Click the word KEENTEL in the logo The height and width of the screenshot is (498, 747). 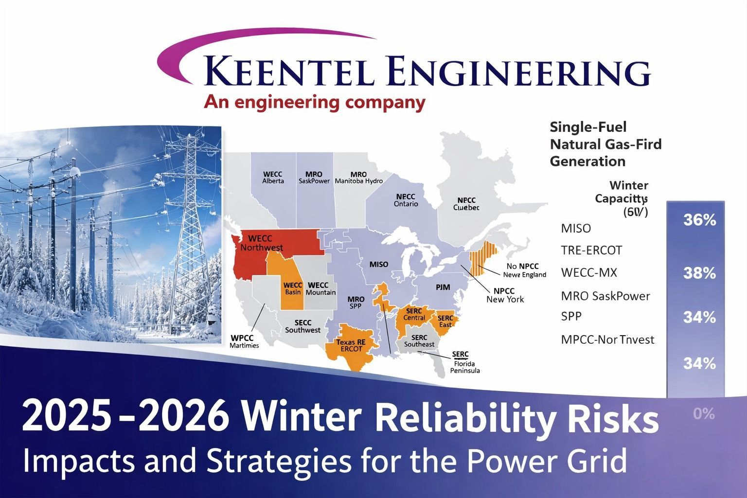coord(287,71)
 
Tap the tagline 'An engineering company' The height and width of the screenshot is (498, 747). coord(314,103)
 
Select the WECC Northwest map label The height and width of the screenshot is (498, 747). coord(261,243)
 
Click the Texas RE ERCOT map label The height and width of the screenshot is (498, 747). coord(351,345)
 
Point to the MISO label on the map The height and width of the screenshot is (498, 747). coord(379,265)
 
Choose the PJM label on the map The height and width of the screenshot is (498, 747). coord(443,287)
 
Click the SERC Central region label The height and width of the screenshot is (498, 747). coord(414,314)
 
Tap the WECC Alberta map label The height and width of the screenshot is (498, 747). coord(272,178)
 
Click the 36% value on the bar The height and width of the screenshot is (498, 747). coord(699,220)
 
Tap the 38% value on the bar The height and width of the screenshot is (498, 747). coord(699,273)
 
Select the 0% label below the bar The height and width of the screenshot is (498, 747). coord(703,414)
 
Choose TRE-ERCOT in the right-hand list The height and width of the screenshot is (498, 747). coord(591,250)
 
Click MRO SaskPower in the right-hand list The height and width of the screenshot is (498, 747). coord(605,296)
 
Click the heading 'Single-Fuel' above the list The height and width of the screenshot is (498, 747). coord(588,127)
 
